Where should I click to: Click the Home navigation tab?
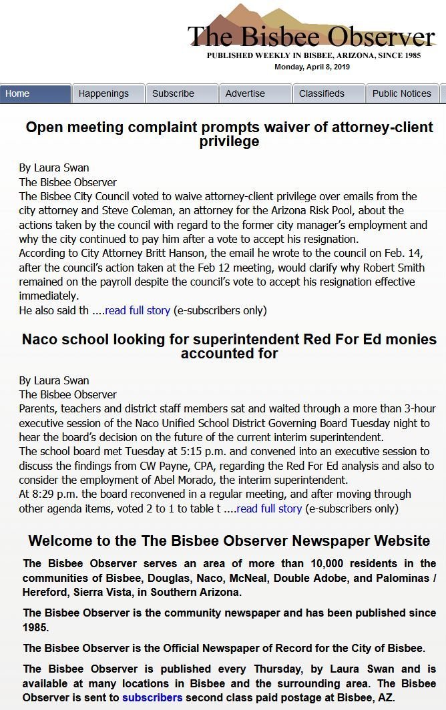click(35, 93)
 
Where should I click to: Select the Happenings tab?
click(108, 93)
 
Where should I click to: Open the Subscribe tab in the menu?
click(182, 93)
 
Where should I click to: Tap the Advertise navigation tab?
click(255, 93)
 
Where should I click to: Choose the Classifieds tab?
click(328, 93)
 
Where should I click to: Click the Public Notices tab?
click(402, 93)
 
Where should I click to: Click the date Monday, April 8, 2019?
click(312, 67)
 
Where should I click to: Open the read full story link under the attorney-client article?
click(138, 310)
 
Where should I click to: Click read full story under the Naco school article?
click(269, 508)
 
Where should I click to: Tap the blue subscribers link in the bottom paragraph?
click(152, 697)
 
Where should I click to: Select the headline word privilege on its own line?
click(229, 141)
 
